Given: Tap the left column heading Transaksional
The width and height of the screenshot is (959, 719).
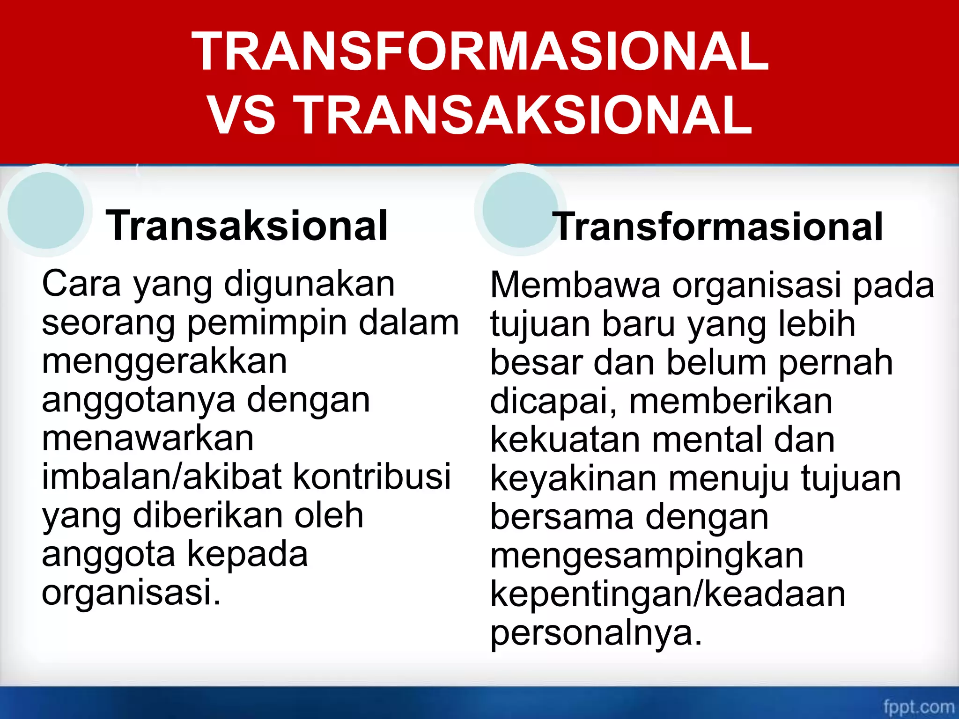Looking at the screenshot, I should pyautogui.click(x=247, y=226).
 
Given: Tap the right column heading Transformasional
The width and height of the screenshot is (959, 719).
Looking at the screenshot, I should pyautogui.click(x=719, y=227).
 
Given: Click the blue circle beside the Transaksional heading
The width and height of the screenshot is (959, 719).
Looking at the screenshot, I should pyautogui.click(x=46, y=210).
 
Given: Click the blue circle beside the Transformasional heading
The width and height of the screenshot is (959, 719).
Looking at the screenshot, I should pyautogui.click(x=520, y=210).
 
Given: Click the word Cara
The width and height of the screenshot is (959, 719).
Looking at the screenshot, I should pyautogui.click(x=81, y=284).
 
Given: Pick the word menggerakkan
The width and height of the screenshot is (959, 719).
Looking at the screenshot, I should pyautogui.click(x=164, y=361).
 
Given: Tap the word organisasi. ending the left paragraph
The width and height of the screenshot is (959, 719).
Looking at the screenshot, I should pyautogui.click(x=131, y=593).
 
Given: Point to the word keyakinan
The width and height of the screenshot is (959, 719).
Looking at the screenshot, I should pyautogui.click(x=573, y=479).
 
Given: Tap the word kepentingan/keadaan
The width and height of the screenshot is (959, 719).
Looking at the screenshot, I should pyautogui.click(x=668, y=595).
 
